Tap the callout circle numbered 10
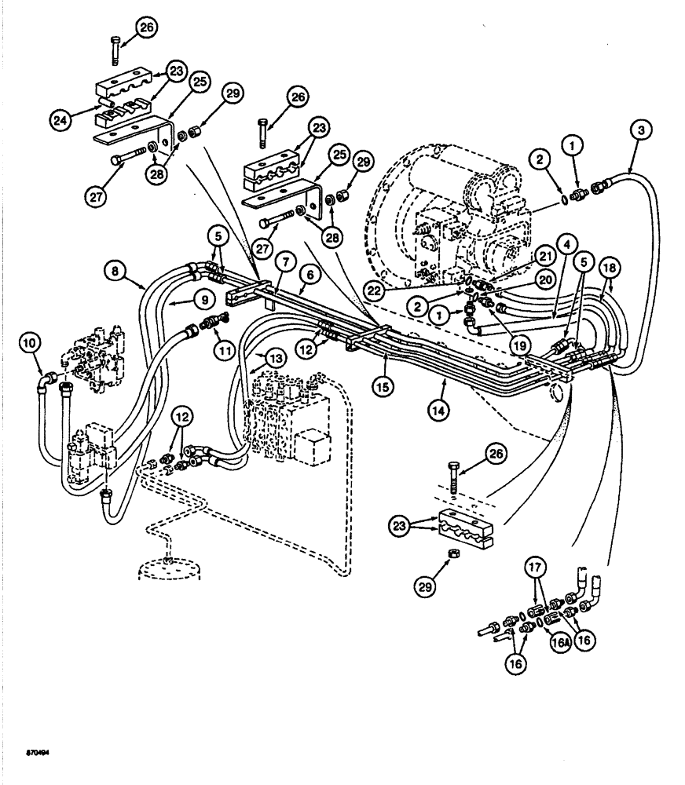[29, 342]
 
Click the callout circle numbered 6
[310, 276]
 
